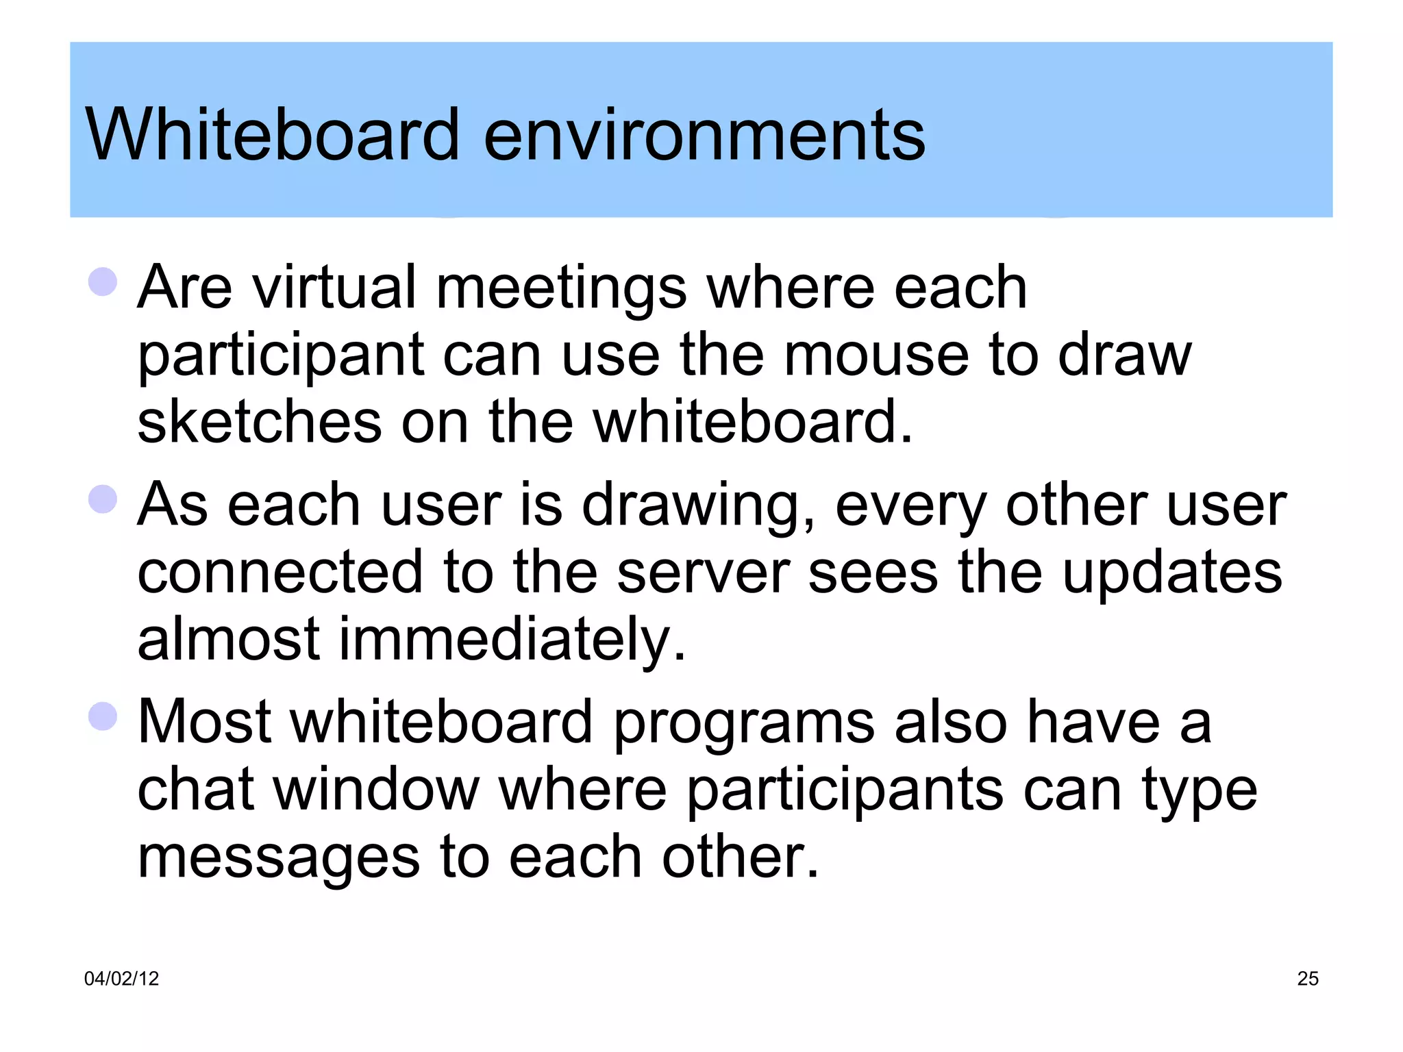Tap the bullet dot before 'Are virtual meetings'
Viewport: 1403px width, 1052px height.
pyautogui.click(x=103, y=281)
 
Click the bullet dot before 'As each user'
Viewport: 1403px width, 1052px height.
pyautogui.click(x=103, y=499)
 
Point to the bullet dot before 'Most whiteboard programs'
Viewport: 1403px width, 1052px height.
pyautogui.click(x=103, y=716)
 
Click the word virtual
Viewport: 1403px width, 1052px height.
pyautogui.click(x=334, y=287)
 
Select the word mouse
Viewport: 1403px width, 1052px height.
pyautogui.click(x=876, y=355)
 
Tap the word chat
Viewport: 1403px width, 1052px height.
pyautogui.click(x=196, y=789)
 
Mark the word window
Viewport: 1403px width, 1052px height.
pyautogui.click(x=377, y=789)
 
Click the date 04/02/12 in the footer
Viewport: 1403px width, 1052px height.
pyautogui.click(x=121, y=979)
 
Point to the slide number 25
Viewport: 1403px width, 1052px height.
pyautogui.click(x=1308, y=979)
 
